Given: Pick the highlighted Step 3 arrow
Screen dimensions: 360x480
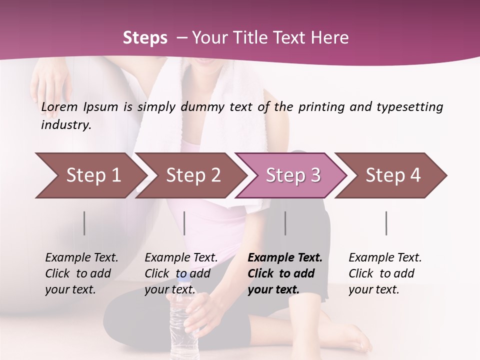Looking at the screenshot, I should [292, 175].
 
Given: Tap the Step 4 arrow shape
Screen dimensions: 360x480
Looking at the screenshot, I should [393, 175].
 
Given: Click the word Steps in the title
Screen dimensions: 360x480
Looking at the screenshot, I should [145, 38].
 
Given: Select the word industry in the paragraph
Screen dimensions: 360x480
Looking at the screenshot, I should [65, 125].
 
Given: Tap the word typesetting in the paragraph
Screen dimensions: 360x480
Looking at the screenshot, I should [409, 107].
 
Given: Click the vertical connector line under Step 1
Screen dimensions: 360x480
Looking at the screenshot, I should [84, 223].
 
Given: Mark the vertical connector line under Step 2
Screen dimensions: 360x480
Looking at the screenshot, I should [184, 223].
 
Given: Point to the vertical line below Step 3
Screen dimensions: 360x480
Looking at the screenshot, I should [285, 223].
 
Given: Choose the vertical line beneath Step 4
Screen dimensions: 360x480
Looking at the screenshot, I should [386, 223].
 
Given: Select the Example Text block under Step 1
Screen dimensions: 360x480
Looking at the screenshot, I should [81, 273].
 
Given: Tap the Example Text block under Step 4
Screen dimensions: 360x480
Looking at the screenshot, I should [385, 273].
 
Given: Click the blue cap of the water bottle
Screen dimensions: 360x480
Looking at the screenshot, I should [181, 276].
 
